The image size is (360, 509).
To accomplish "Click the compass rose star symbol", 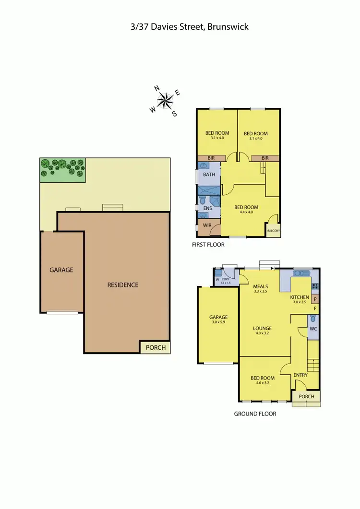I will [165, 100].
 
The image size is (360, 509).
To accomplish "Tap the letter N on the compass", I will [156, 88].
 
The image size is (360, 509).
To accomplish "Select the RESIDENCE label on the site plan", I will [122, 285].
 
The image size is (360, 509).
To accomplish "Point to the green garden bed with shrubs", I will [62, 170].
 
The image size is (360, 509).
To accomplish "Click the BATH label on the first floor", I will [209, 175].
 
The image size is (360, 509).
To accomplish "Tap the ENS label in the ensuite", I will [207, 209].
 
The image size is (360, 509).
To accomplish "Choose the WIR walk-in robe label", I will [207, 225].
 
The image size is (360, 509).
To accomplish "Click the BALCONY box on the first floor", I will [273, 231].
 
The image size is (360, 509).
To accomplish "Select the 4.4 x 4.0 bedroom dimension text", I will [246, 213].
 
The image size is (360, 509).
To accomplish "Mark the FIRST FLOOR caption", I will [208, 245].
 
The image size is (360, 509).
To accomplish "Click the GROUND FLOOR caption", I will [255, 414].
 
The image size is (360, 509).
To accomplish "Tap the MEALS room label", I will [261, 287].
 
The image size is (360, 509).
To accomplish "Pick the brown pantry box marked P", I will [315, 299].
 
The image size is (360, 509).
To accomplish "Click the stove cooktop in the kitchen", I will [315, 287].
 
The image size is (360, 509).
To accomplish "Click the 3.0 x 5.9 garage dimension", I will [218, 323].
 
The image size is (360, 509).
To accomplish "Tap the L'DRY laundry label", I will [226, 280].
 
